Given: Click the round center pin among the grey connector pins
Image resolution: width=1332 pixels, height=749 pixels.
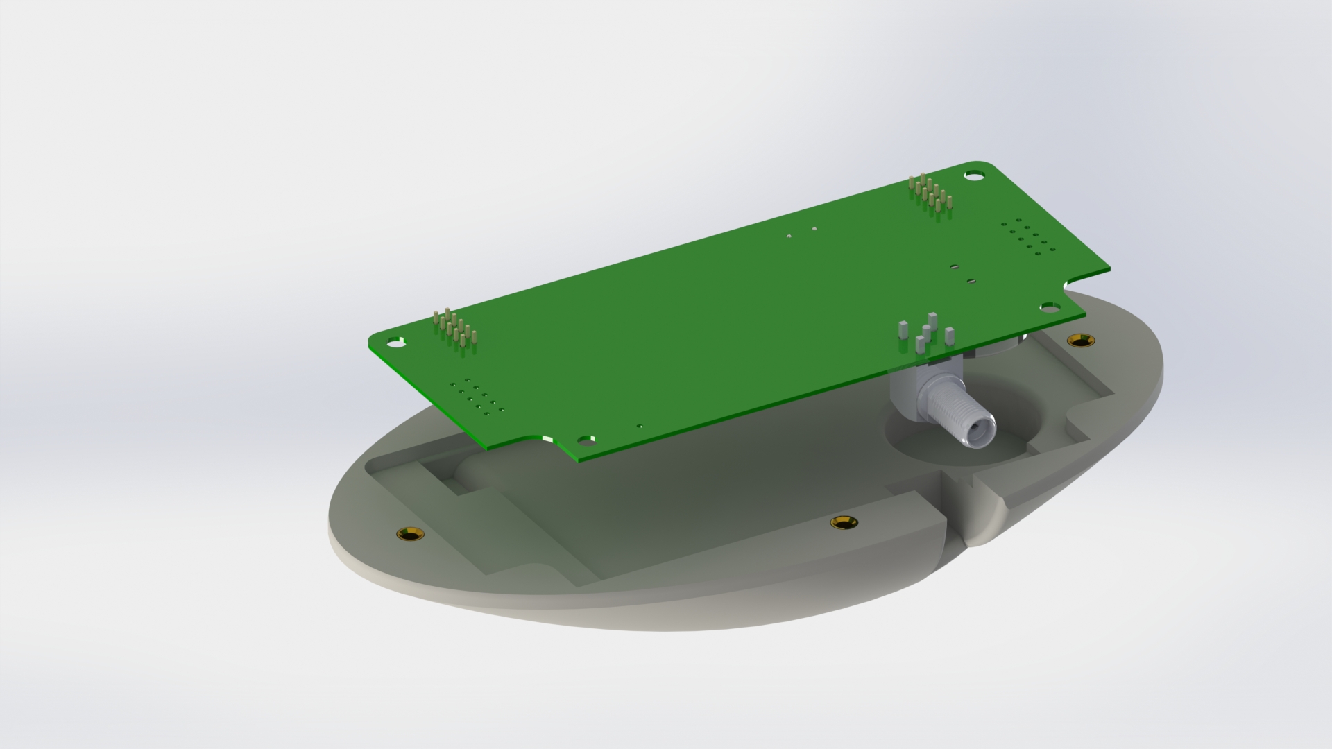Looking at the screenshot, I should click(x=927, y=327).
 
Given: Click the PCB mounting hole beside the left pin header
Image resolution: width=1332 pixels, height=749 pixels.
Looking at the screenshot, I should click(x=396, y=342).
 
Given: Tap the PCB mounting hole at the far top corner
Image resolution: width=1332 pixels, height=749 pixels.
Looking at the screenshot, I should click(x=975, y=176).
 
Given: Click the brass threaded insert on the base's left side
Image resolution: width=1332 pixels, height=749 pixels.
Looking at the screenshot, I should click(x=410, y=534).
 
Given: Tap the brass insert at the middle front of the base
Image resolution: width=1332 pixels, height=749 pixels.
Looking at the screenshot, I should click(x=844, y=522).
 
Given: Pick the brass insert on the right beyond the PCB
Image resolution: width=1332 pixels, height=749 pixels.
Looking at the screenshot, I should click(x=1079, y=340).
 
